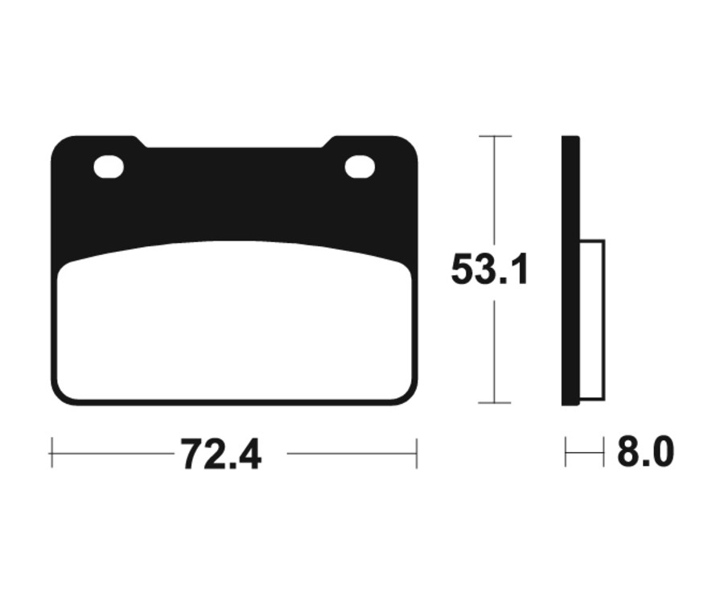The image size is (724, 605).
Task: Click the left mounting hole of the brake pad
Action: [x=109, y=167]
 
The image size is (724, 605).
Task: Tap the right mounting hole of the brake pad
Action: [x=360, y=167]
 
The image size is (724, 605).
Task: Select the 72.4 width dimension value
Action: [x=220, y=455]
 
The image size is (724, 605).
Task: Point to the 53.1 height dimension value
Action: [x=489, y=270]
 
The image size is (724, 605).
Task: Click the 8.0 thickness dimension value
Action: [x=645, y=453]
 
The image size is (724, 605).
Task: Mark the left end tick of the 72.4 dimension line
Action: [x=51, y=453]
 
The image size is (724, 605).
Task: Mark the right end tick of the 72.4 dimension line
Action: [x=416, y=453]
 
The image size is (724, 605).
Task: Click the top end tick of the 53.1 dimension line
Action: [x=495, y=137]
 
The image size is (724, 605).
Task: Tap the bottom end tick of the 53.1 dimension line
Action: [x=495, y=402]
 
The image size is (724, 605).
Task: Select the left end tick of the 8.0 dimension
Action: [x=566, y=453]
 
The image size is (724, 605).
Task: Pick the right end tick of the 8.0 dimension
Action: [x=603, y=453]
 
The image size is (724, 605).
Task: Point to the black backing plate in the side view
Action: [x=570, y=270]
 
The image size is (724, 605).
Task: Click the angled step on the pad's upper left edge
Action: [x=139, y=142]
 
